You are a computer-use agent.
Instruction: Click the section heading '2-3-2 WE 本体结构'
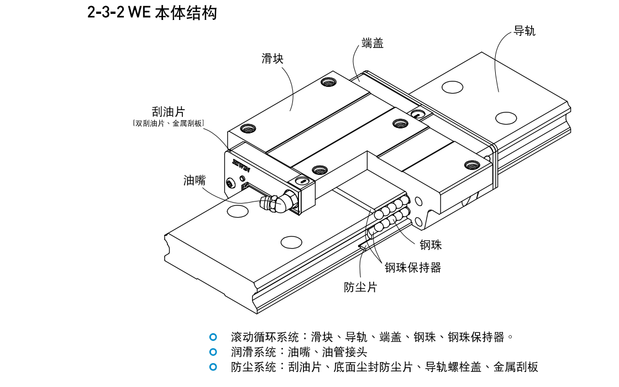(x=152, y=13)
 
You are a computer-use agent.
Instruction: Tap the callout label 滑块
(x=272, y=58)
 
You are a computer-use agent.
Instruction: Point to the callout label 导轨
(x=524, y=31)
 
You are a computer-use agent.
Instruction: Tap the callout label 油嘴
(x=195, y=180)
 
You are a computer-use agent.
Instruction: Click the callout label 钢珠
(x=431, y=244)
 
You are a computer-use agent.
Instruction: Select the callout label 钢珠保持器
(x=413, y=268)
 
